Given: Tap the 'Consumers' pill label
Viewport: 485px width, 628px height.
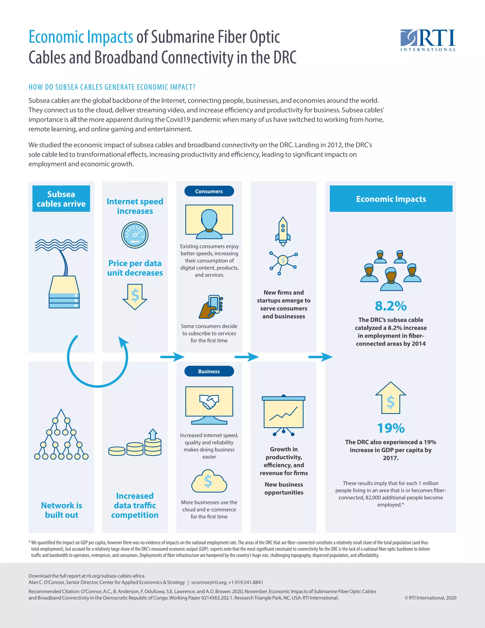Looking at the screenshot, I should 209,191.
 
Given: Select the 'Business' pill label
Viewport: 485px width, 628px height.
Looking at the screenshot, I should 209,371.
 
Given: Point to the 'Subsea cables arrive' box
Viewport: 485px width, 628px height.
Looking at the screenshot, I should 61,199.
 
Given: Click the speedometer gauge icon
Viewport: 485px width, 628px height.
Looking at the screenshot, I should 135,235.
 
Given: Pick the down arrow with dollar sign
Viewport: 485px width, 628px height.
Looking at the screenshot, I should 135,296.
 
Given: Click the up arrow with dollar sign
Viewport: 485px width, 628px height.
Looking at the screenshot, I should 391,398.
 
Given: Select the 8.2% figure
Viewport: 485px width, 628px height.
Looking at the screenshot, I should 391,306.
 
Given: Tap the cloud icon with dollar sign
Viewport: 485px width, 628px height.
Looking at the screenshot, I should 209,481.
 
